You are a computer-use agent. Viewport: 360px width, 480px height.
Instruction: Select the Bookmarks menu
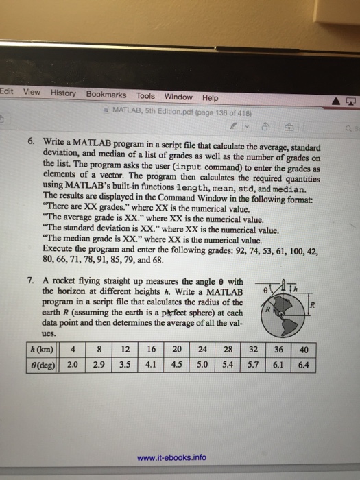106,94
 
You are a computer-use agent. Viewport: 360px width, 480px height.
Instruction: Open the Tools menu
145,95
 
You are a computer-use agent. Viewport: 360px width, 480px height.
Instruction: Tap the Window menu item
178,97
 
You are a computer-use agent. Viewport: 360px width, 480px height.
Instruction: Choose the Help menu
210,97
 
